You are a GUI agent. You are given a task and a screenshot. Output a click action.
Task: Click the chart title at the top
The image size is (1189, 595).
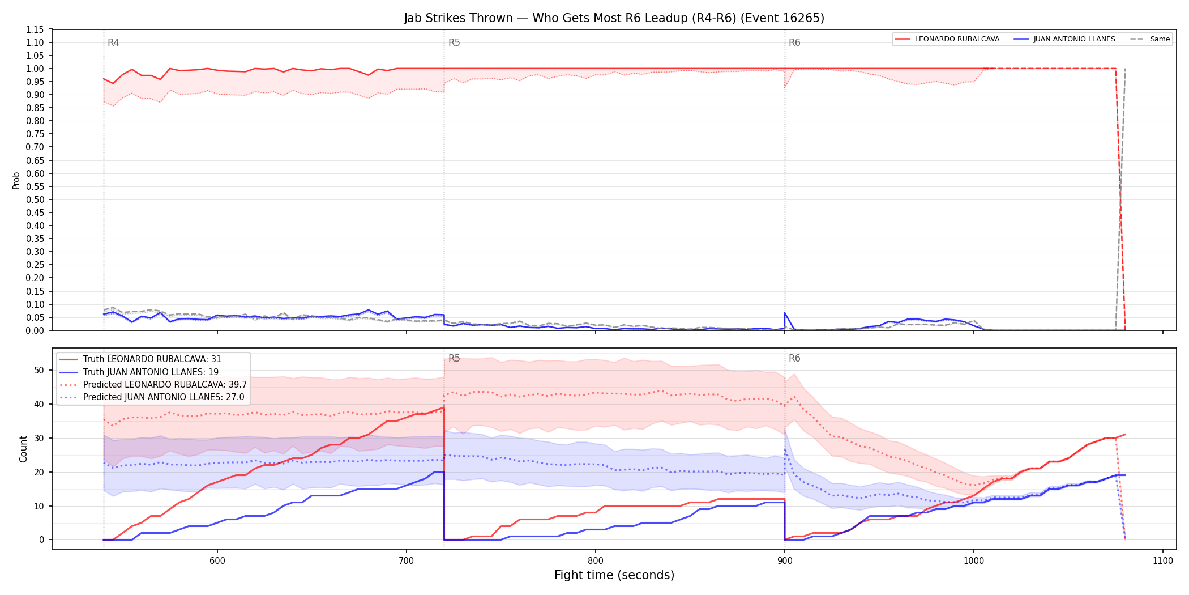(x=614, y=18)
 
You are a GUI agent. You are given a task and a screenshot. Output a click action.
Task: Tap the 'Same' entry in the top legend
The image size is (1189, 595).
(x=1150, y=39)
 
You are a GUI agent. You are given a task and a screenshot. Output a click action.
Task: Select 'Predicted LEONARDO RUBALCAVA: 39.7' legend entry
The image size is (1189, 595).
(x=153, y=384)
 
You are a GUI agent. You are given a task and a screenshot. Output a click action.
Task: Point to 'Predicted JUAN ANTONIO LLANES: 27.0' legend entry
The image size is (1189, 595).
(x=152, y=397)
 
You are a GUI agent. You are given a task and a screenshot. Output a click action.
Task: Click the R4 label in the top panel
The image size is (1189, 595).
(x=113, y=42)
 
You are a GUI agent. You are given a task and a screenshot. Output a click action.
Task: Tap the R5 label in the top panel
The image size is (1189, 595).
(x=454, y=42)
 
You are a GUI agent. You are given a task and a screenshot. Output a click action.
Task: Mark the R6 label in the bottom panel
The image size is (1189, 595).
(x=794, y=358)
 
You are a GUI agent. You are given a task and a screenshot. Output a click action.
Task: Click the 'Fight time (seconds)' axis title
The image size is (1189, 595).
(x=614, y=575)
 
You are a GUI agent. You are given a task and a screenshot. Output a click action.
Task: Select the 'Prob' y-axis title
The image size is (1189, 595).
(x=16, y=180)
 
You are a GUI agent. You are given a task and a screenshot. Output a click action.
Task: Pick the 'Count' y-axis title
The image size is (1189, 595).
(x=23, y=449)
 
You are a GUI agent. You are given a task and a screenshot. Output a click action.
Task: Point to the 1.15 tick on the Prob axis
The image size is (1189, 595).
(x=35, y=29)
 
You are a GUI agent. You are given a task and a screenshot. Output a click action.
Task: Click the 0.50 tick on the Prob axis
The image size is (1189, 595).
(x=35, y=199)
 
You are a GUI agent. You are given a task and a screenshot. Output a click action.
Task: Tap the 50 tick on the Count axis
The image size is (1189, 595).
(x=39, y=370)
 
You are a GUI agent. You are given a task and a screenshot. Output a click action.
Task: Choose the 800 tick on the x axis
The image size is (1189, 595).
(x=596, y=561)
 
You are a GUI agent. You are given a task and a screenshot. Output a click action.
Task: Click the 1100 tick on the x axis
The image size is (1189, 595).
(x=1163, y=561)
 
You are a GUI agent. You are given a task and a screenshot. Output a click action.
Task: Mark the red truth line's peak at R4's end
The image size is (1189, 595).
(x=444, y=407)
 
